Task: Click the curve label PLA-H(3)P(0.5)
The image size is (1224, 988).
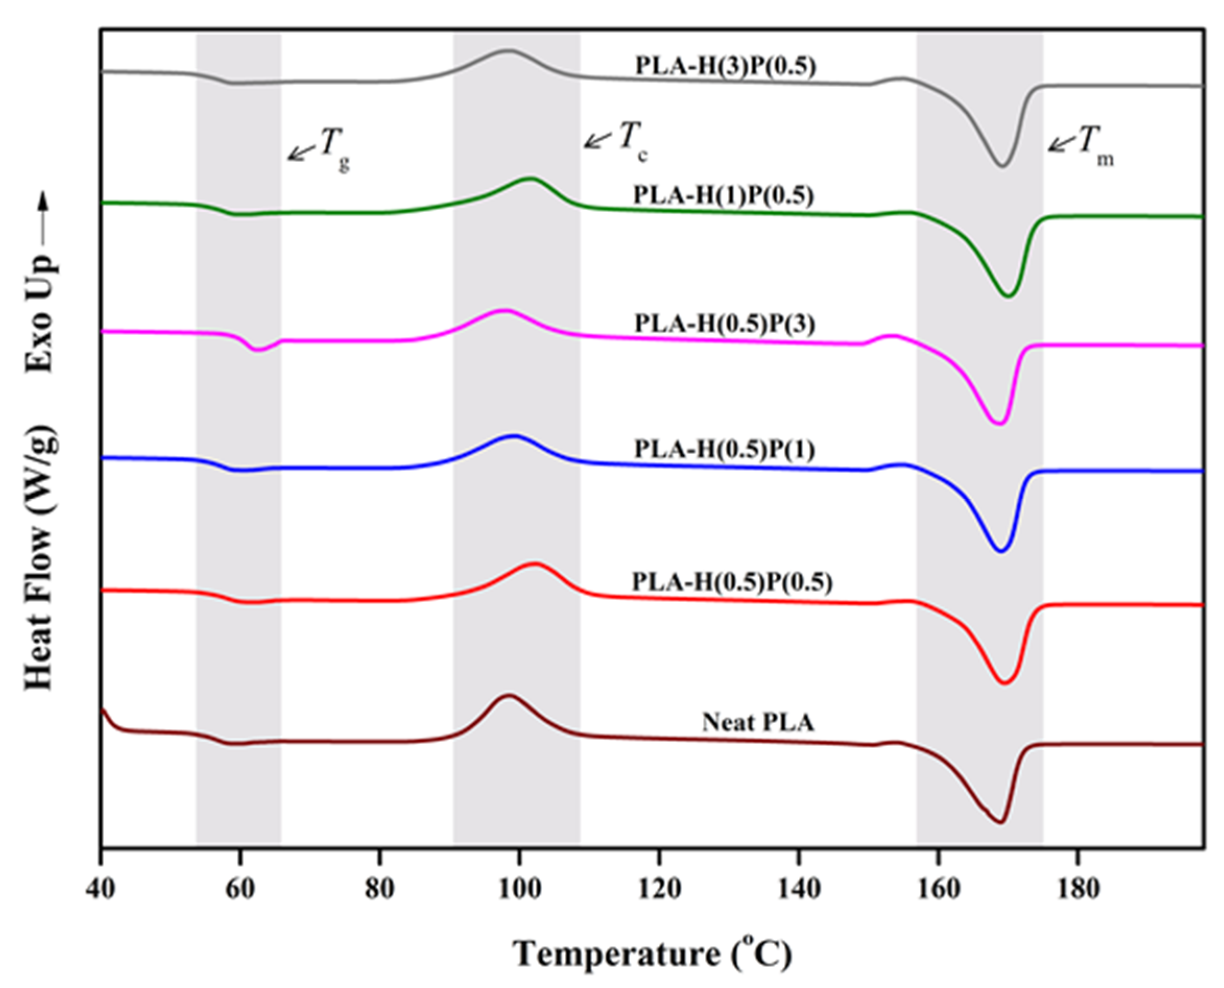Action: pyautogui.click(x=725, y=67)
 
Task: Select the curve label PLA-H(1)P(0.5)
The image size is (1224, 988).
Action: pyautogui.click(x=723, y=196)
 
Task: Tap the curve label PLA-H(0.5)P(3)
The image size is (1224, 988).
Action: pyautogui.click(x=725, y=324)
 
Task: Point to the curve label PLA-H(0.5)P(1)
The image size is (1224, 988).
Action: pyautogui.click(x=725, y=450)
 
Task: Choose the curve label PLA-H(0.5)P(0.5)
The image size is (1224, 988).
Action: pyautogui.click(x=732, y=582)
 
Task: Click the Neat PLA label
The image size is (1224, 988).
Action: pyautogui.click(x=758, y=723)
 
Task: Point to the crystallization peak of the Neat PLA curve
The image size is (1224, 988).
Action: pyautogui.click(x=508, y=696)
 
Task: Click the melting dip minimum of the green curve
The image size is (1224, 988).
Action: pyautogui.click(x=1008, y=296)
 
